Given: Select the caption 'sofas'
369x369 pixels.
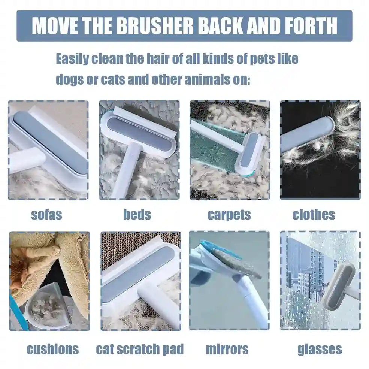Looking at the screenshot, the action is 46,215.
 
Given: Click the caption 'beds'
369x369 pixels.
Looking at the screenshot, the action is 137,214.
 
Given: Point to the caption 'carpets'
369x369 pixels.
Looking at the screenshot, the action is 229,215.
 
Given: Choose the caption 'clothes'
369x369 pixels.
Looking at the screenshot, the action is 314,214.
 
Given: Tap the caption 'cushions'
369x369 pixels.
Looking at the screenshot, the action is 53,349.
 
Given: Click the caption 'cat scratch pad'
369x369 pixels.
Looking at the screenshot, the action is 140,349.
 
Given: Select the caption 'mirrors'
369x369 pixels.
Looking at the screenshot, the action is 227,349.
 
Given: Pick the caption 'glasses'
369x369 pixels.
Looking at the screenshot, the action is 320,349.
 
